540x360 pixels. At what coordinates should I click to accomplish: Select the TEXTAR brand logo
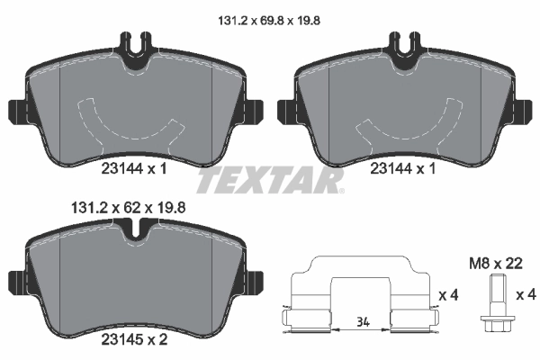(x=270, y=182)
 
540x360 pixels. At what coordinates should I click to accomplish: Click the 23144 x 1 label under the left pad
(x=132, y=168)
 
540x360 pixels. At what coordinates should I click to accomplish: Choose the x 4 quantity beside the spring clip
(x=447, y=295)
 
